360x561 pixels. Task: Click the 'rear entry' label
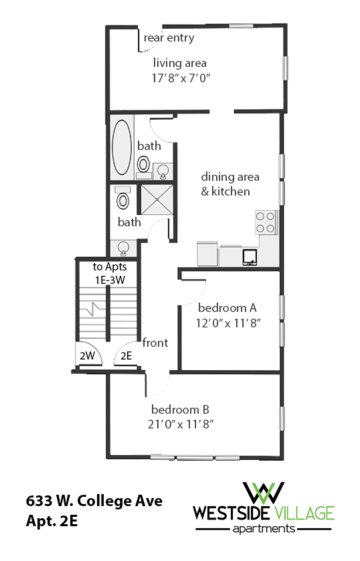tap(169, 37)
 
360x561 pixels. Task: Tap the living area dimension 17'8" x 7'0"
tap(181, 77)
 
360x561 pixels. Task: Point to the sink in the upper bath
tap(163, 171)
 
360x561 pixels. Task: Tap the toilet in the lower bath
tap(122, 199)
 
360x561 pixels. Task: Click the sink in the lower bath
tap(123, 248)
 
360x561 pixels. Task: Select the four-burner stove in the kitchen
tap(266, 222)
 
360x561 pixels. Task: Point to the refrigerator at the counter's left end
tap(207, 254)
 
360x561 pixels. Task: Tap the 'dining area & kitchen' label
tap(226, 184)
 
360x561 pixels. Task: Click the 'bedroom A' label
tap(228, 309)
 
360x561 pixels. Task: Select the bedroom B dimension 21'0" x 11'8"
tap(182, 424)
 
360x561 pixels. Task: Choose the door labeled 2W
tap(87, 356)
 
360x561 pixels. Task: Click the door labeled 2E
tap(126, 356)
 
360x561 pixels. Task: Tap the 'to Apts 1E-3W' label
tap(110, 273)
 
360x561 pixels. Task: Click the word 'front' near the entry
tap(155, 343)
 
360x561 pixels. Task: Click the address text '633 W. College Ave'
tap(94, 501)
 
